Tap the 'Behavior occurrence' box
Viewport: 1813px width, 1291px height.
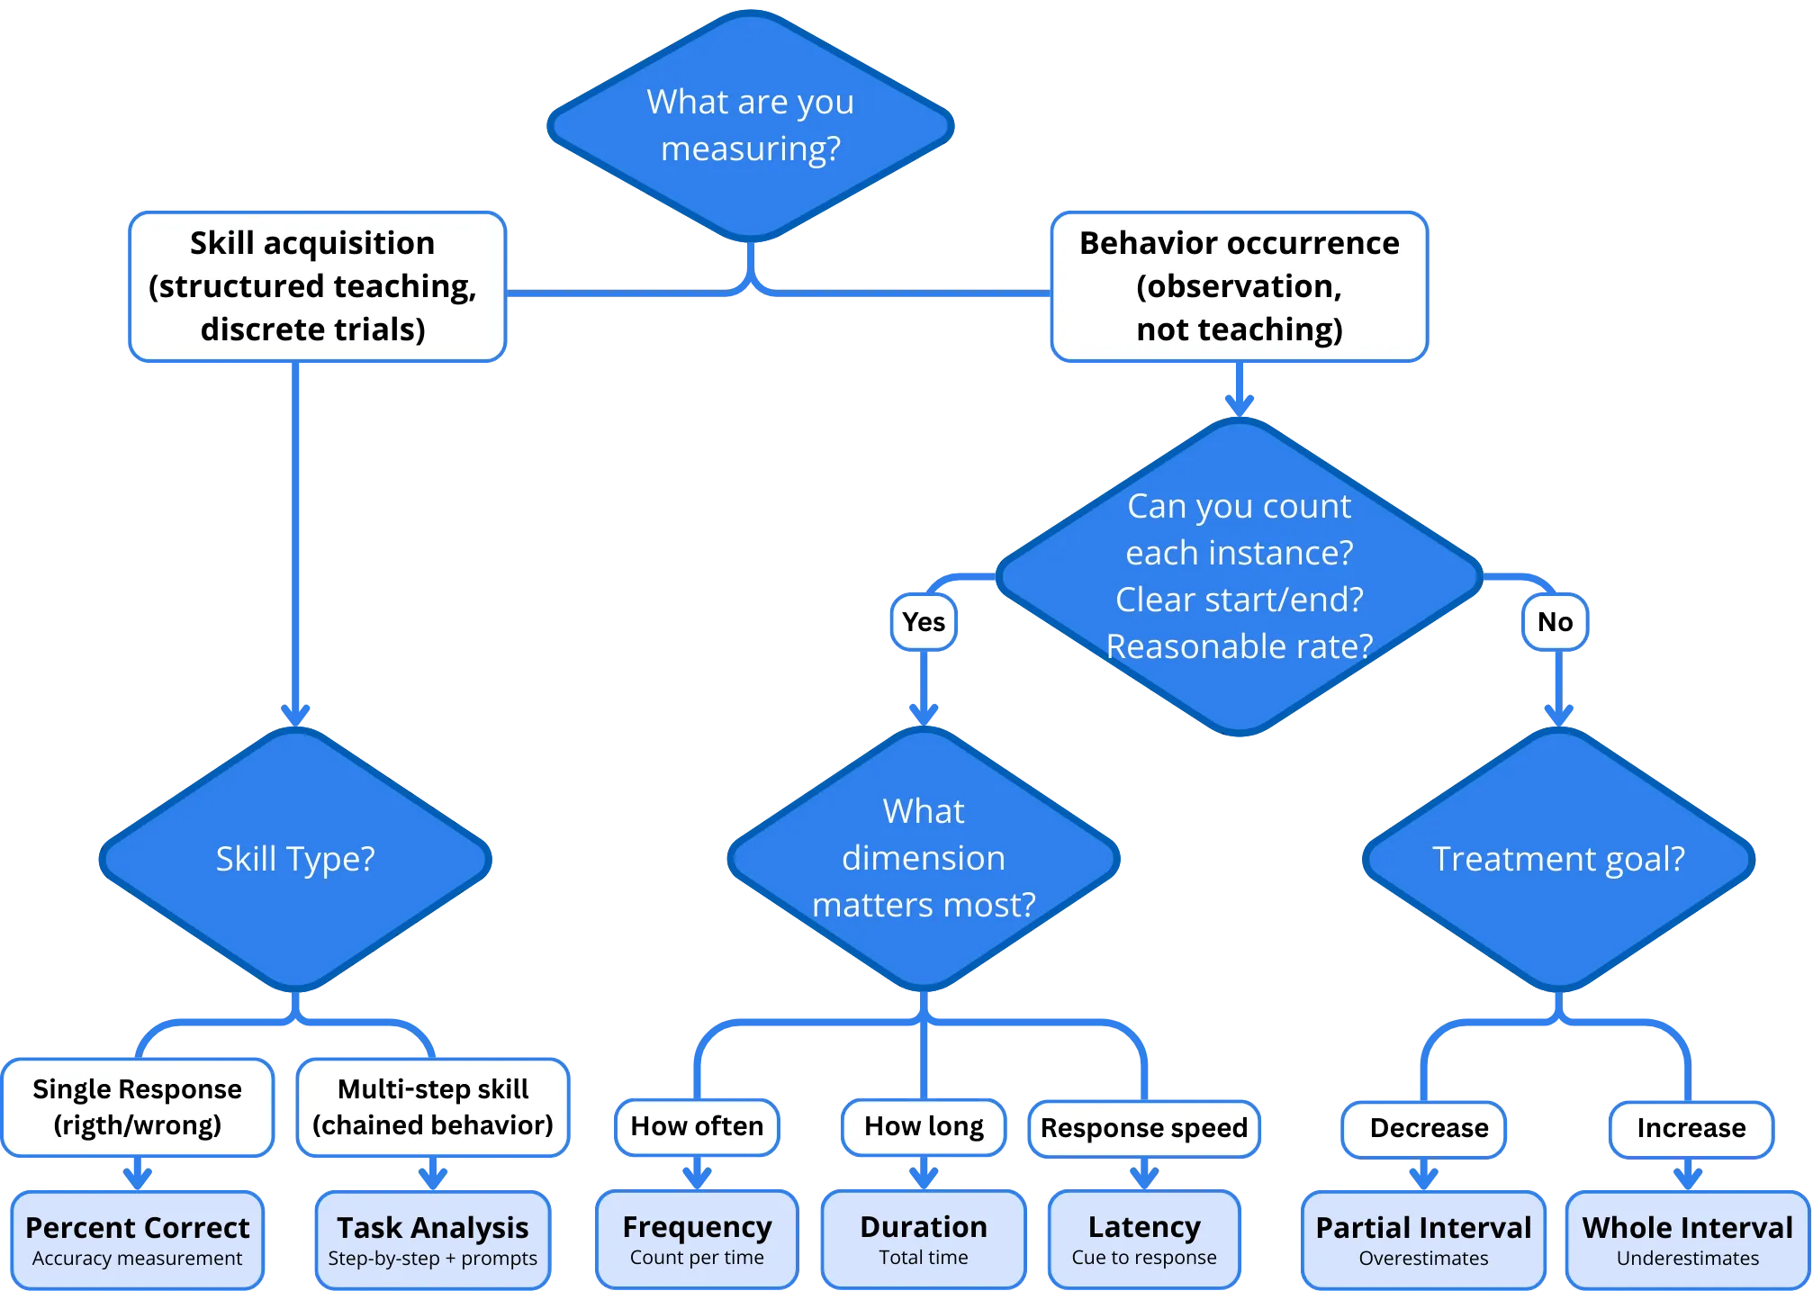point(1239,286)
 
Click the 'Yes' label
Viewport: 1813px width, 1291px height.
point(923,622)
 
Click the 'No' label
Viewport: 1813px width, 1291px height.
point(1555,622)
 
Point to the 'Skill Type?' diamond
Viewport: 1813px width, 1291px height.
point(295,859)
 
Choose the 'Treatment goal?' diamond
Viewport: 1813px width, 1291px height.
point(1558,859)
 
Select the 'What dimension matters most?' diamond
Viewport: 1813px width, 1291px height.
point(924,859)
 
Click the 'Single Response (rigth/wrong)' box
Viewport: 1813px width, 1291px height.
point(138,1107)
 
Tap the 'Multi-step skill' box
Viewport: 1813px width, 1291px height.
point(433,1107)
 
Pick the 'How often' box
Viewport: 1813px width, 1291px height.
point(697,1126)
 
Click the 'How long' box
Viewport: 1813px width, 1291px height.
point(924,1126)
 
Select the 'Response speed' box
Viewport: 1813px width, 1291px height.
point(1143,1128)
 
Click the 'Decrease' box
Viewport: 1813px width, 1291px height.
point(1428,1128)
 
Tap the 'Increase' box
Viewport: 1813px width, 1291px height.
point(1691,1128)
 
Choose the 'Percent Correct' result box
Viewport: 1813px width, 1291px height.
point(138,1239)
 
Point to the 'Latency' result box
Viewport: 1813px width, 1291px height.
point(1143,1239)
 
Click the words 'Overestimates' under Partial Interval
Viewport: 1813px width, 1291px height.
point(1423,1259)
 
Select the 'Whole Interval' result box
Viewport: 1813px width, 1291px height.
point(1687,1239)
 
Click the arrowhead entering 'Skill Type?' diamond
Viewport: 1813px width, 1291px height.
point(295,715)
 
